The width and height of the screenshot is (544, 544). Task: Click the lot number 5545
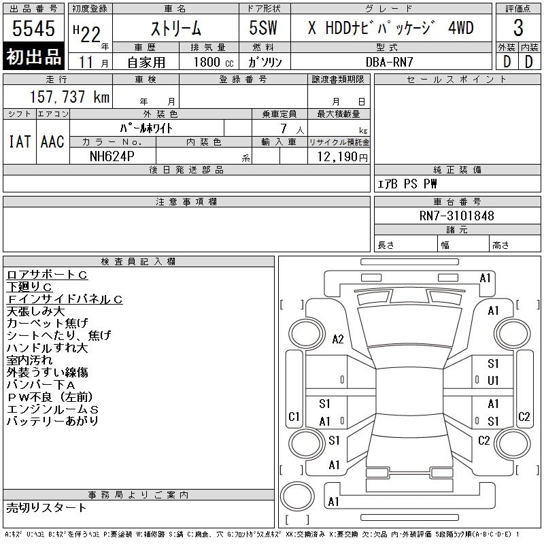(33, 29)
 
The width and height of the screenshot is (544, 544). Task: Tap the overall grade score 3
(518, 29)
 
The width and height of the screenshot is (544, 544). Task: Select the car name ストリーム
(175, 29)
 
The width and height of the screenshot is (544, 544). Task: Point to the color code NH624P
(113, 156)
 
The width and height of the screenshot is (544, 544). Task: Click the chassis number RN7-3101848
(457, 216)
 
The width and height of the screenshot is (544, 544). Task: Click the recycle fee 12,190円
(339, 156)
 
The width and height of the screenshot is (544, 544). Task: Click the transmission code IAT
(20, 141)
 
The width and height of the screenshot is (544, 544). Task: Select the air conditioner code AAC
(52, 141)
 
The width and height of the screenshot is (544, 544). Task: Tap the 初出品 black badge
(33, 57)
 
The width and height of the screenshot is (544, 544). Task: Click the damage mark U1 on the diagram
(493, 380)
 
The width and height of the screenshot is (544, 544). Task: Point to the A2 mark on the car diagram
(338, 339)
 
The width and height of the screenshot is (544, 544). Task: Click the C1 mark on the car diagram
(294, 416)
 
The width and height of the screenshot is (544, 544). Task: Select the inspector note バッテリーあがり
(52, 421)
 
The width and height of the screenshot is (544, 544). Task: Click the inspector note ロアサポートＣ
(47, 275)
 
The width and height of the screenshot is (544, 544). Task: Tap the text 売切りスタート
(46, 507)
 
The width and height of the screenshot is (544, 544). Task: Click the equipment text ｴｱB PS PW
(407, 184)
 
